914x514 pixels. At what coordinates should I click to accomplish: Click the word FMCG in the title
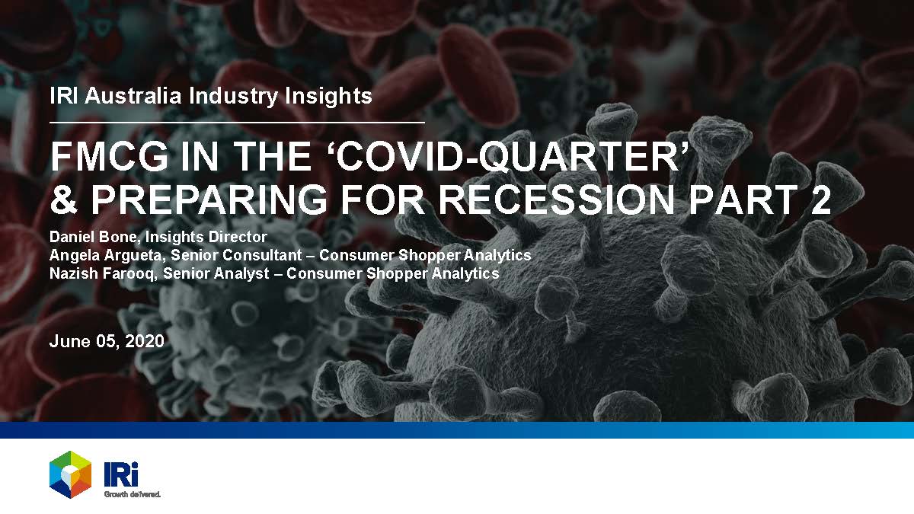[109, 157]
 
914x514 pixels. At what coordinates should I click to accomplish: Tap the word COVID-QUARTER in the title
[509, 157]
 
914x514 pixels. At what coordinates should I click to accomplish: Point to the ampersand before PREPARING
[64, 200]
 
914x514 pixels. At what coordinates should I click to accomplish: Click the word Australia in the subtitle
[133, 96]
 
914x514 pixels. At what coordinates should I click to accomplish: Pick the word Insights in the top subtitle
[328, 97]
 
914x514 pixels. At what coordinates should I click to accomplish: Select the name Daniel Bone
[94, 237]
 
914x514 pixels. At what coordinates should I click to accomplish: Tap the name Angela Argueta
[107, 255]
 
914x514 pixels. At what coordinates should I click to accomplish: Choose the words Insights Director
[206, 237]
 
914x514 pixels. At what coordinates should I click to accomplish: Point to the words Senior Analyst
[216, 273]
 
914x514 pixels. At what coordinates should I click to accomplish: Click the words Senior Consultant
[236, 255]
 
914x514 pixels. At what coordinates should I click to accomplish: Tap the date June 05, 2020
[107, 341]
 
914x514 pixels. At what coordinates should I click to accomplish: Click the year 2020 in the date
[145, 341]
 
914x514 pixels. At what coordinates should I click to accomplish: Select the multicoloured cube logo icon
[70, 474]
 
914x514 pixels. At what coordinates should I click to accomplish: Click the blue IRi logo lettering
[121, 474]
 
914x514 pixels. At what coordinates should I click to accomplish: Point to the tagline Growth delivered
[133, 494]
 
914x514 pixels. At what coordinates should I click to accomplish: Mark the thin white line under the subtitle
[237, 122]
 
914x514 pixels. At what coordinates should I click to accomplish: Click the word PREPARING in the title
[209, 200]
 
